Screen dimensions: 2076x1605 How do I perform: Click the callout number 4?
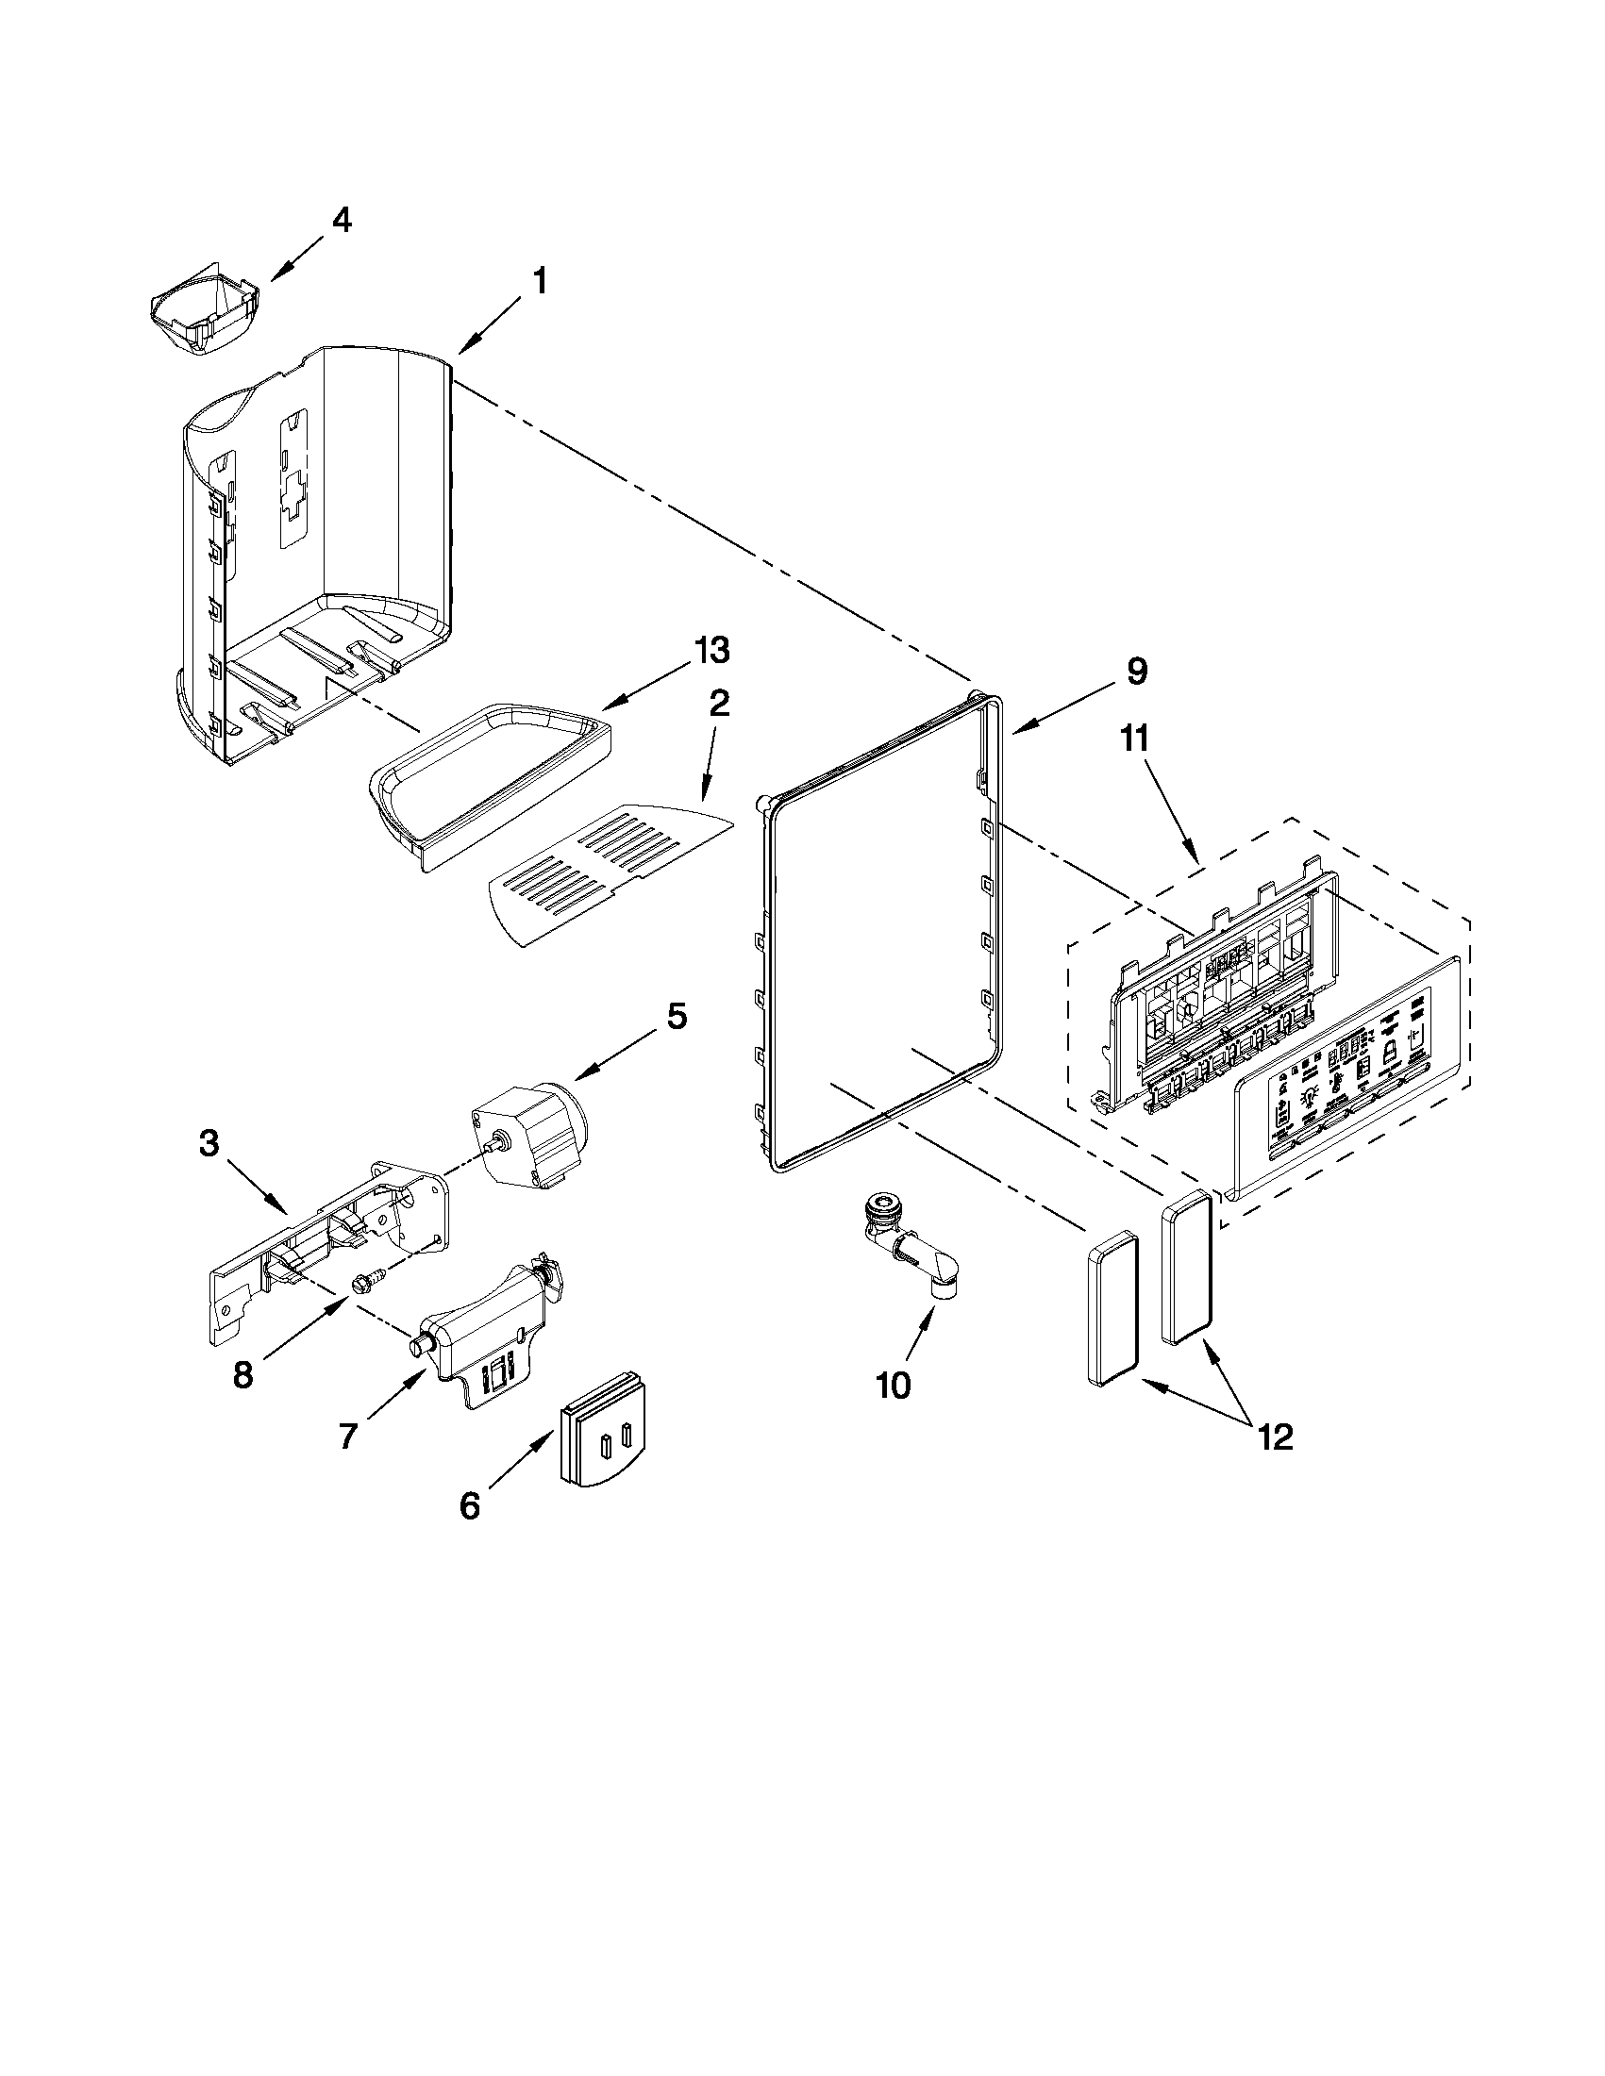pos(342,221)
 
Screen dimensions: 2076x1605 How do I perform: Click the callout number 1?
pos(538,281)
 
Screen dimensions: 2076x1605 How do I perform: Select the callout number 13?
pos(711,651)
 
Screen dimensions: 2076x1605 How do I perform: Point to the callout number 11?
pos(1134,739)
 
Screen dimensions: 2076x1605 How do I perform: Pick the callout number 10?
pos(893,1386)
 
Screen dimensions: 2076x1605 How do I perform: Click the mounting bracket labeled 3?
pos(324,1245)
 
